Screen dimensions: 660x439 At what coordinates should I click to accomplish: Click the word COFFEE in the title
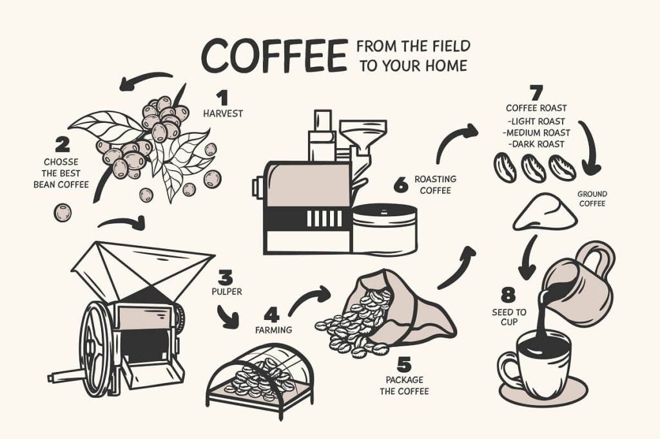point(275,55)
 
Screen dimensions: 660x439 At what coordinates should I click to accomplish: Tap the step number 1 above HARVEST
point(222,98)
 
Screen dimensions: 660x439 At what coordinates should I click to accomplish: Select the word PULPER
point(227,292)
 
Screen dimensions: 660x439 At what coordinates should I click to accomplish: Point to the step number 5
point(403,365)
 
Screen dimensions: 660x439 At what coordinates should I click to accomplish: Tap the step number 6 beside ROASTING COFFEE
point(401,185)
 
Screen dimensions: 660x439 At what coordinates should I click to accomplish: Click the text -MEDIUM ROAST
point(537,133)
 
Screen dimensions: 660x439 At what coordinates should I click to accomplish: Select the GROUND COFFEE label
point(592,199)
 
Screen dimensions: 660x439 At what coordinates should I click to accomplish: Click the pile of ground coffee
point(545,212)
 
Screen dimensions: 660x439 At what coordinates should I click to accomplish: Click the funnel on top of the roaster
point(364,135)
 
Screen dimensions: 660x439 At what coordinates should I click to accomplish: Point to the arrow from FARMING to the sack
point(309,299)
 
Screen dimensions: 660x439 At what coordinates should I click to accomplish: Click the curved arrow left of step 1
point(145,79)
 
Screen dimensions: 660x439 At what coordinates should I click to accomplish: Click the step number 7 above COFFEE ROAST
point(536,93)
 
